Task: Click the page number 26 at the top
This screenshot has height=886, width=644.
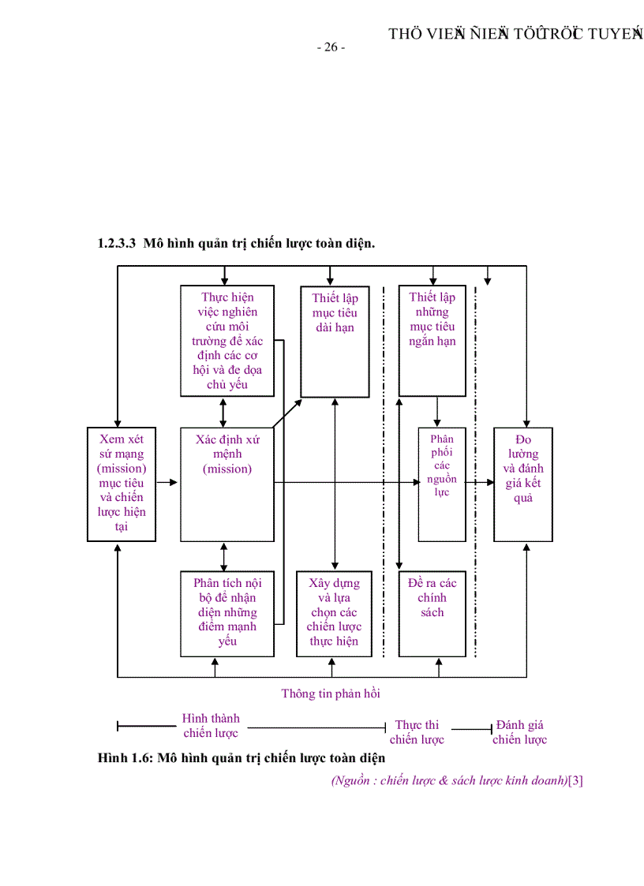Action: coord(331,47)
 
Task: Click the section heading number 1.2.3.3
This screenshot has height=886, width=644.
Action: coord(118,244)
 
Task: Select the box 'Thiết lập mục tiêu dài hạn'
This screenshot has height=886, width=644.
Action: coord(335,341)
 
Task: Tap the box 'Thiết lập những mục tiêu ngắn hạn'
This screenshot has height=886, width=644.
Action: coord(432,340)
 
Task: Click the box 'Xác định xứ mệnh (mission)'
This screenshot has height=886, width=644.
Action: coord(228,484)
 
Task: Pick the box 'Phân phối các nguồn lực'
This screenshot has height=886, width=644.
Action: coord(441,484)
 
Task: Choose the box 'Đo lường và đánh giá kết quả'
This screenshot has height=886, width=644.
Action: coord(522,484)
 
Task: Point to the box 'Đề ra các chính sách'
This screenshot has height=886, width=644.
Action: coord(432,613)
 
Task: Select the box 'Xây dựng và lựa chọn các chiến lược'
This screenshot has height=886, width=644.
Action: coord(334,613)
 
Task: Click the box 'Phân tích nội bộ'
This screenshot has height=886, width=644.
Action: coord(227,613)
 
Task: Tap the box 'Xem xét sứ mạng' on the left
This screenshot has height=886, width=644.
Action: coord(121,484)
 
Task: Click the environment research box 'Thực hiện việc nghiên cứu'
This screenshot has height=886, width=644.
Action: coord(227,340)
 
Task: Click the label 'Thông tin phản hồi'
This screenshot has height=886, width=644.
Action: coord(331,693)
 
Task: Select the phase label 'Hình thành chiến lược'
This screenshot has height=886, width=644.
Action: coord(211,726)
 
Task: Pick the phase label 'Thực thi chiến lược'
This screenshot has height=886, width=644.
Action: coord(417,732)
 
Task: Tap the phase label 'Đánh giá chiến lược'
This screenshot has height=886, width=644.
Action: coord(519,732)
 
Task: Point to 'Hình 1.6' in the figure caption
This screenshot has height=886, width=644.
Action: coord(125,758)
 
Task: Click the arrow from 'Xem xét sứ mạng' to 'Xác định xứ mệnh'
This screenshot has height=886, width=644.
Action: coord(167,481)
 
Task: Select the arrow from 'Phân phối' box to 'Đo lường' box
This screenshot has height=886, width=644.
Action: coord(480,481)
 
